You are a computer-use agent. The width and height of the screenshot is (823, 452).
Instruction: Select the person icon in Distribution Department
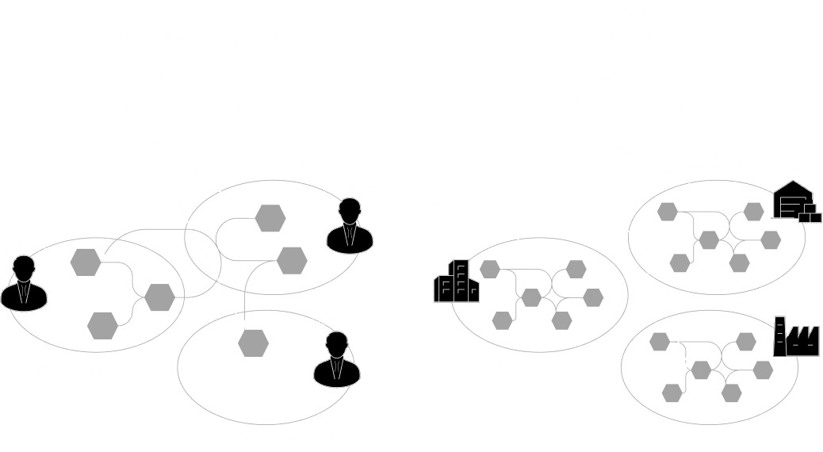pyautogui.click(x=350, y=226)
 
